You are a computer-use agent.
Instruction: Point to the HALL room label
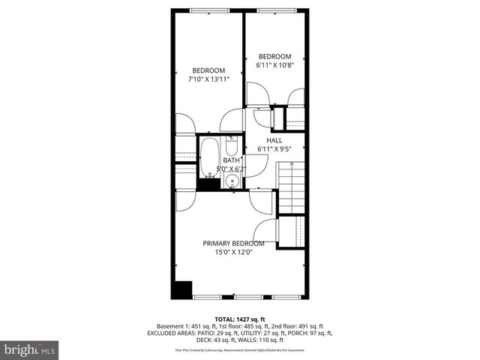(274, 140)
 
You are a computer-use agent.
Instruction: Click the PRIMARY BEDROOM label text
(233, 243)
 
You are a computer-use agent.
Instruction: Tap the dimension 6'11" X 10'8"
(274, 65)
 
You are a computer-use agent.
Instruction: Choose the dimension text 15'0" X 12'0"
(233, 252)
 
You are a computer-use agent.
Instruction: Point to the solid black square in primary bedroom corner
(181, 289)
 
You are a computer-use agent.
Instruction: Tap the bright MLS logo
(30, 349)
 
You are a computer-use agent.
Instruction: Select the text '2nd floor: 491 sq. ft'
(295, 325)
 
